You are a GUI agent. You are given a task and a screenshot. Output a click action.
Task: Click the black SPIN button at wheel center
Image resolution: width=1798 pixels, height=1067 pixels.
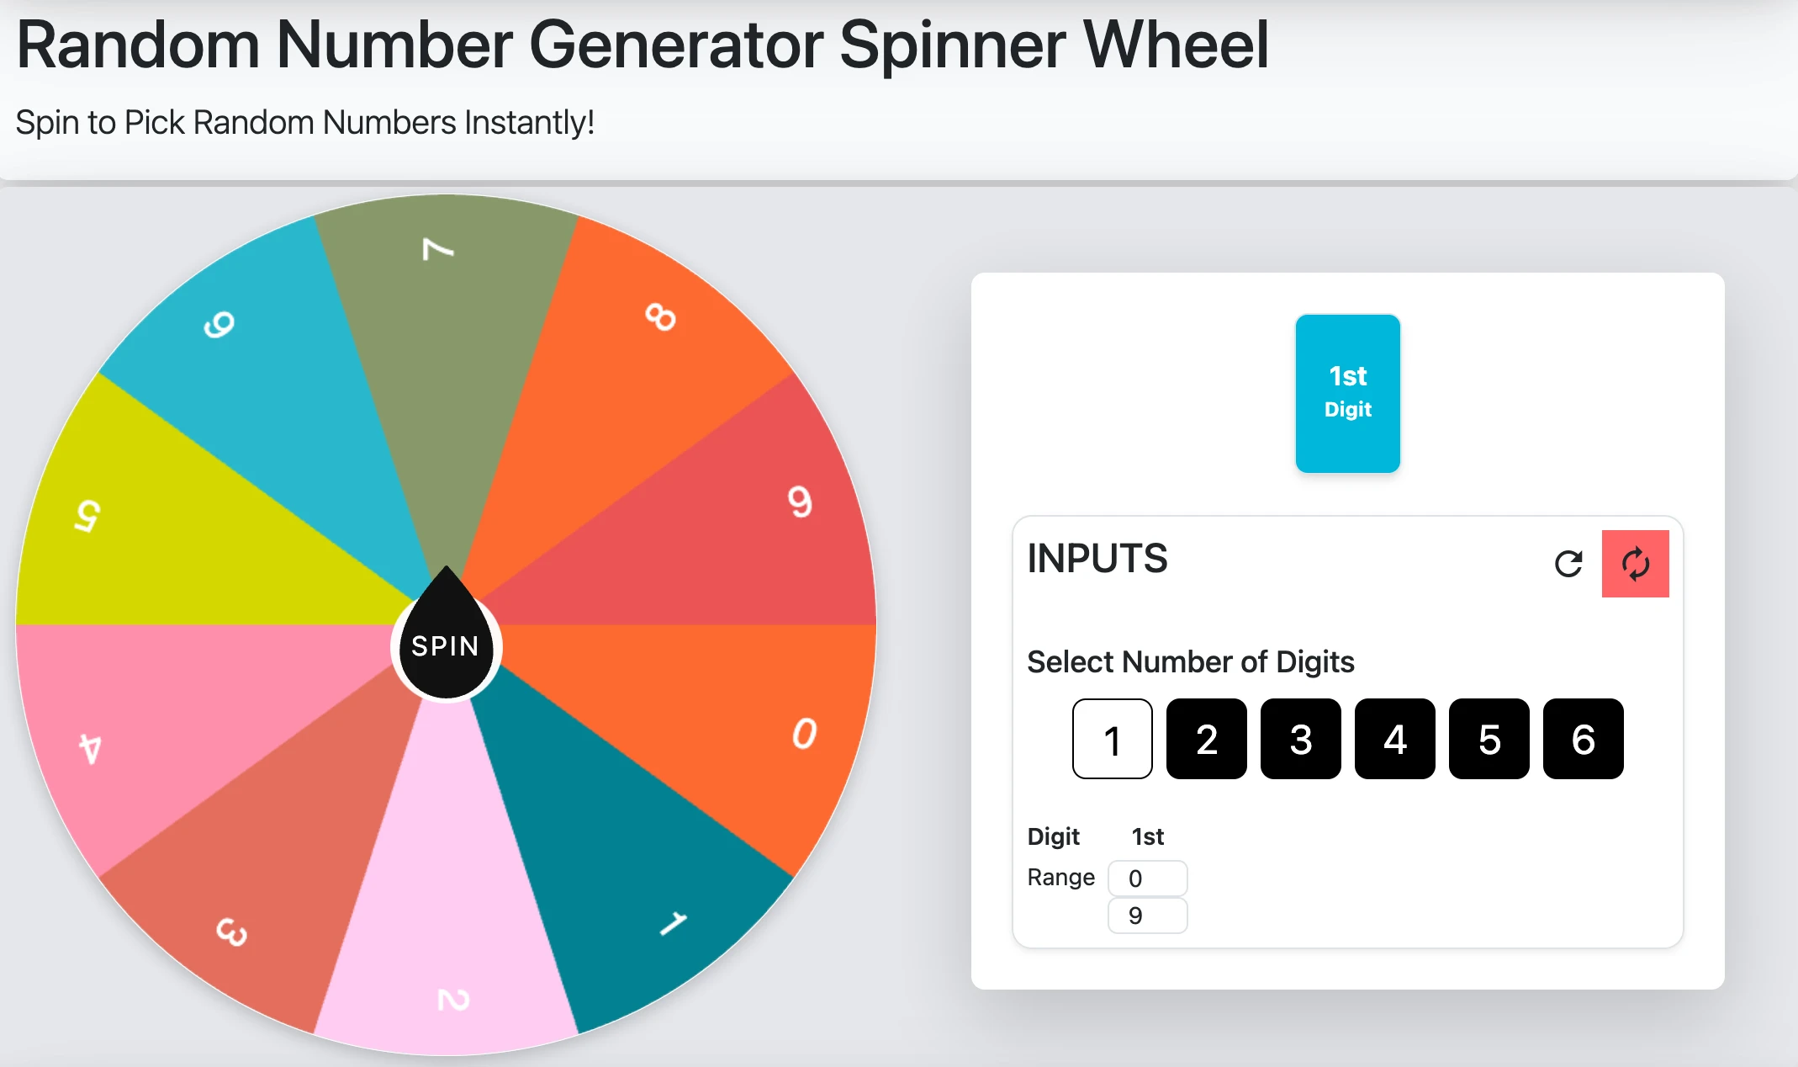pos(446,646)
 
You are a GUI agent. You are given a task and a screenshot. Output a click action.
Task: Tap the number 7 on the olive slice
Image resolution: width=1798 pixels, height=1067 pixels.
pos(437,249)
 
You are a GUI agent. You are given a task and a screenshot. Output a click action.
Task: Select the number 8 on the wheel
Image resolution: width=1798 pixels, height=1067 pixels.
pos(660,317)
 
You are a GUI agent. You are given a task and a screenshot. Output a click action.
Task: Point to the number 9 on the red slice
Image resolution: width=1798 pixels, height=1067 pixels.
pos(800,502)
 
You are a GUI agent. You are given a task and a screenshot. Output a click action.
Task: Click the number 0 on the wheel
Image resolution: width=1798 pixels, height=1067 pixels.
pos(804,733)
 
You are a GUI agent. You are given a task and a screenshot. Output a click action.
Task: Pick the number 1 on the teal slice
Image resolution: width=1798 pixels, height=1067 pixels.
pos(673,923)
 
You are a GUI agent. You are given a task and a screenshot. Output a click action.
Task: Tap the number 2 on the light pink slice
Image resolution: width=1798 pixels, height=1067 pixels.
pos(453,1000)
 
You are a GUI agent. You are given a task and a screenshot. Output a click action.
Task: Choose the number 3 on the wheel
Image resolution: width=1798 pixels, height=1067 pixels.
pos(232,932)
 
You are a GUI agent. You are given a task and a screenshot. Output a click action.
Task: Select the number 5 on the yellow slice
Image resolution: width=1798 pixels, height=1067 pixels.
pos(87,515)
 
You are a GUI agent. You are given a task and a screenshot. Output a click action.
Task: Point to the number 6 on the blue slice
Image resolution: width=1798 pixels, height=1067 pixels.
pos(219,324)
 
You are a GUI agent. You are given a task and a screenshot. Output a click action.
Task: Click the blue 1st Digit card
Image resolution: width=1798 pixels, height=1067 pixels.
pos(1347,393)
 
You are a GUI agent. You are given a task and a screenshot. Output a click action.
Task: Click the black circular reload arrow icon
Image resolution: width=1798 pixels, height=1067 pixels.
pos(1568,564)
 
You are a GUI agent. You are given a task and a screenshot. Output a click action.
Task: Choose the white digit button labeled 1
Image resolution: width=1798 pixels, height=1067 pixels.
pos(1112,739)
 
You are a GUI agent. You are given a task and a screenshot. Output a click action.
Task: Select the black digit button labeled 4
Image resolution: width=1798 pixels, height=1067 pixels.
pos(1394,739)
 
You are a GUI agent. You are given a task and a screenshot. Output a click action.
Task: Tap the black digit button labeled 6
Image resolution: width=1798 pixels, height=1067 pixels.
pos(1583,739)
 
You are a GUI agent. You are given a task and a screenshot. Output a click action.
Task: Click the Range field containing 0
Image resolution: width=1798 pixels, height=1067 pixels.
pos(1147,879)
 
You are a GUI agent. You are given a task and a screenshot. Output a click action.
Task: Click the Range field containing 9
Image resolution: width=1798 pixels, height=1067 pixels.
pos(1147,916)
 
